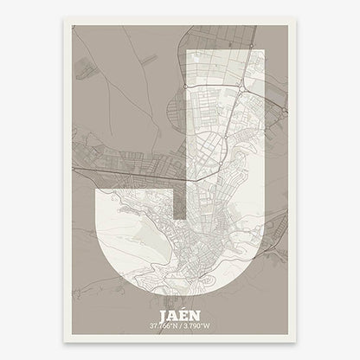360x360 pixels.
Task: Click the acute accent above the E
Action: pos(184,310)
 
